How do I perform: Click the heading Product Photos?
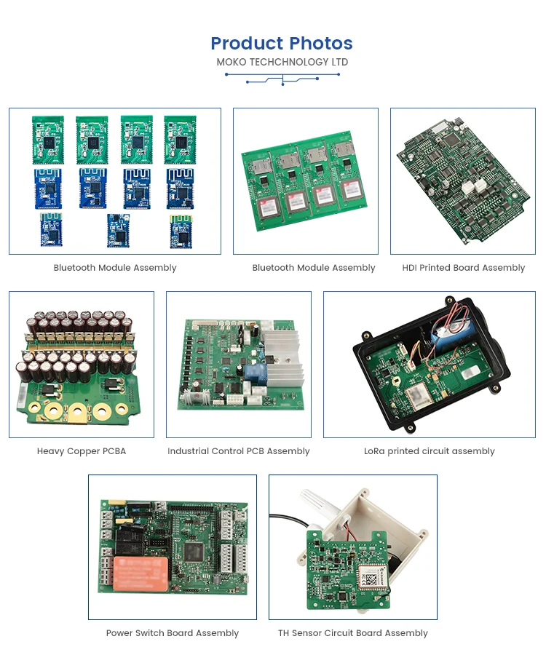282,44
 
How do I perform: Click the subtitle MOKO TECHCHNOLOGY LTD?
282,63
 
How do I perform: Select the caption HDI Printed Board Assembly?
463,268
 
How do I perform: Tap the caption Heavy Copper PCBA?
82,451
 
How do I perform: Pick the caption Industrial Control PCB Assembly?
238,451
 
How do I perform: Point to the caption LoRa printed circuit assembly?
429,451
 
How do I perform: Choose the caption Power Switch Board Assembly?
172,633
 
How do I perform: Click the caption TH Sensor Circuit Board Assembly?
352,633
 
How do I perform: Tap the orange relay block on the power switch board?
141,573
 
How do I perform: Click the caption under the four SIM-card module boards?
313,268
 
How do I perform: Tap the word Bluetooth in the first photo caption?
74,268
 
